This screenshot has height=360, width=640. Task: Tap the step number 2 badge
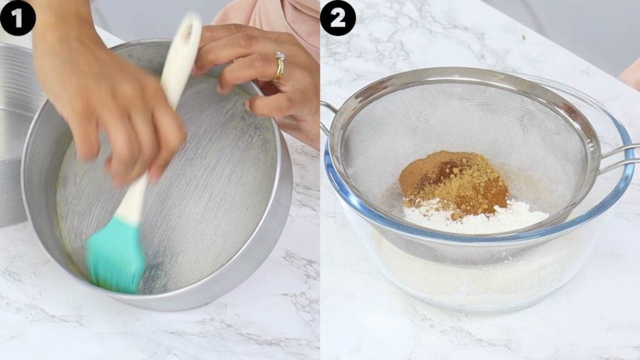pos(338,18)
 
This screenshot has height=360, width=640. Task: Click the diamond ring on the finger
pos(279,65)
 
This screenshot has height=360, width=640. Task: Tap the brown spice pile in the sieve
pos(454,182)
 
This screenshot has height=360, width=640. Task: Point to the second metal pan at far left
pos(14,135)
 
